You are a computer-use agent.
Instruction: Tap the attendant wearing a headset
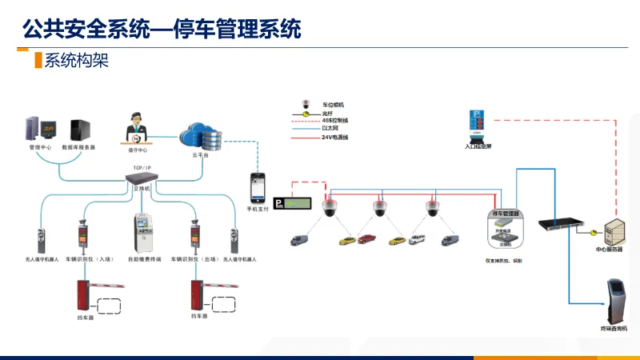pos(137,129)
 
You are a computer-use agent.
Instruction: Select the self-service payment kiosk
pos(143,234)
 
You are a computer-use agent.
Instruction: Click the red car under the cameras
pos(367,238)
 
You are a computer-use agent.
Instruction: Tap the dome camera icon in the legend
pos(305,105)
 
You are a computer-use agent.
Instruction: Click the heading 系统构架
pos(76,60)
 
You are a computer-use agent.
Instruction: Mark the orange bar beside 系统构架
pos(38,60)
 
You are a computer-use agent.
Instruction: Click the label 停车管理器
pos(504,214)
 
